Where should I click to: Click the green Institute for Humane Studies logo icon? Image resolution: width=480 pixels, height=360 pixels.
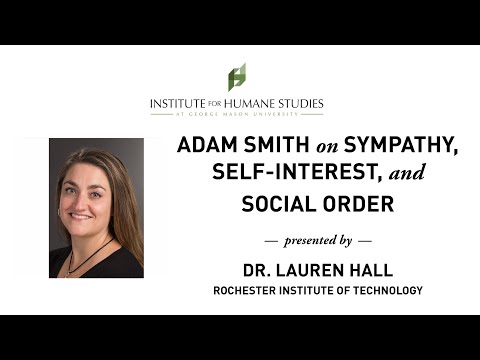tap(237, 76)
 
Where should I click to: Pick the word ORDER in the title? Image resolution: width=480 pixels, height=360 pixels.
tap(358, 204)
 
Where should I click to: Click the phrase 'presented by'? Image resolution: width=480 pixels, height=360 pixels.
tap(317, 241)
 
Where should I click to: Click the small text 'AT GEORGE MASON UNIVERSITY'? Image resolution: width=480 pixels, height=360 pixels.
tap(237, 115)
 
